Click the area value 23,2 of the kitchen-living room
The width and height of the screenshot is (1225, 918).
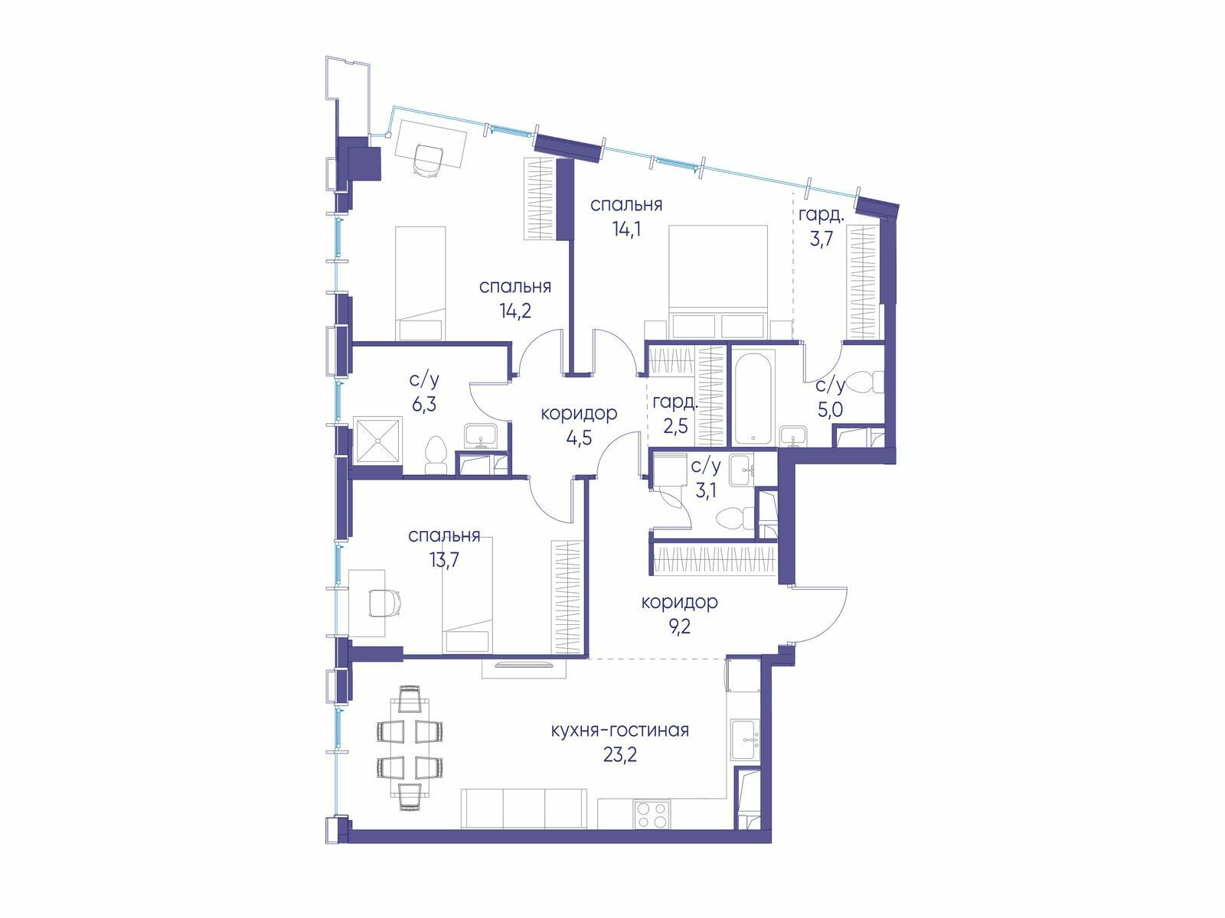click(x=619, y=755)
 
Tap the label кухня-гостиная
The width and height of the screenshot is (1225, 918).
click(x=619, y=730)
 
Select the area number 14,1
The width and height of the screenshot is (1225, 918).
click(x=626, y=228)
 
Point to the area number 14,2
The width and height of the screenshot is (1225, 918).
click(x=514, y=311)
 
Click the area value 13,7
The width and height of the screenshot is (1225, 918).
click(x=443, y=560)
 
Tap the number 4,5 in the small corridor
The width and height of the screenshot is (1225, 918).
click(x=579, y=438)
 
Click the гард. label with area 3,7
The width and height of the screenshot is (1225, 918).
click(x=821, y=216)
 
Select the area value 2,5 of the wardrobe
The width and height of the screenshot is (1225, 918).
click(x=675, y=426)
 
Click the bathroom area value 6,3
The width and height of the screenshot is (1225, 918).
click(x=424, y=404)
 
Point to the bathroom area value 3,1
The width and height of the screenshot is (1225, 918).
click(x=705, y=490)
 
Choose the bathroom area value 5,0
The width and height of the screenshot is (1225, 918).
click(x=830, y=410)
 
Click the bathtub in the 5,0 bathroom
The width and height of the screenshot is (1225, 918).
click(x=753, y=398)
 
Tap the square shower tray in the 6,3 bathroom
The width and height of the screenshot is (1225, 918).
click(x=377, y=441)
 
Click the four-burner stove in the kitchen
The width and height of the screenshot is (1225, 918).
click(x=652, y=815)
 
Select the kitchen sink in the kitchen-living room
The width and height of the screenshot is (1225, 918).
click(x=745, y=739)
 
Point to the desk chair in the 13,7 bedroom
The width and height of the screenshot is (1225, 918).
click(x=385, y=603)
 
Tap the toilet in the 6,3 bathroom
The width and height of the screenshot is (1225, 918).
click(x=436, y=456)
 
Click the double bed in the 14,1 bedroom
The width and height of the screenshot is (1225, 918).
click(x=718, y=282)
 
